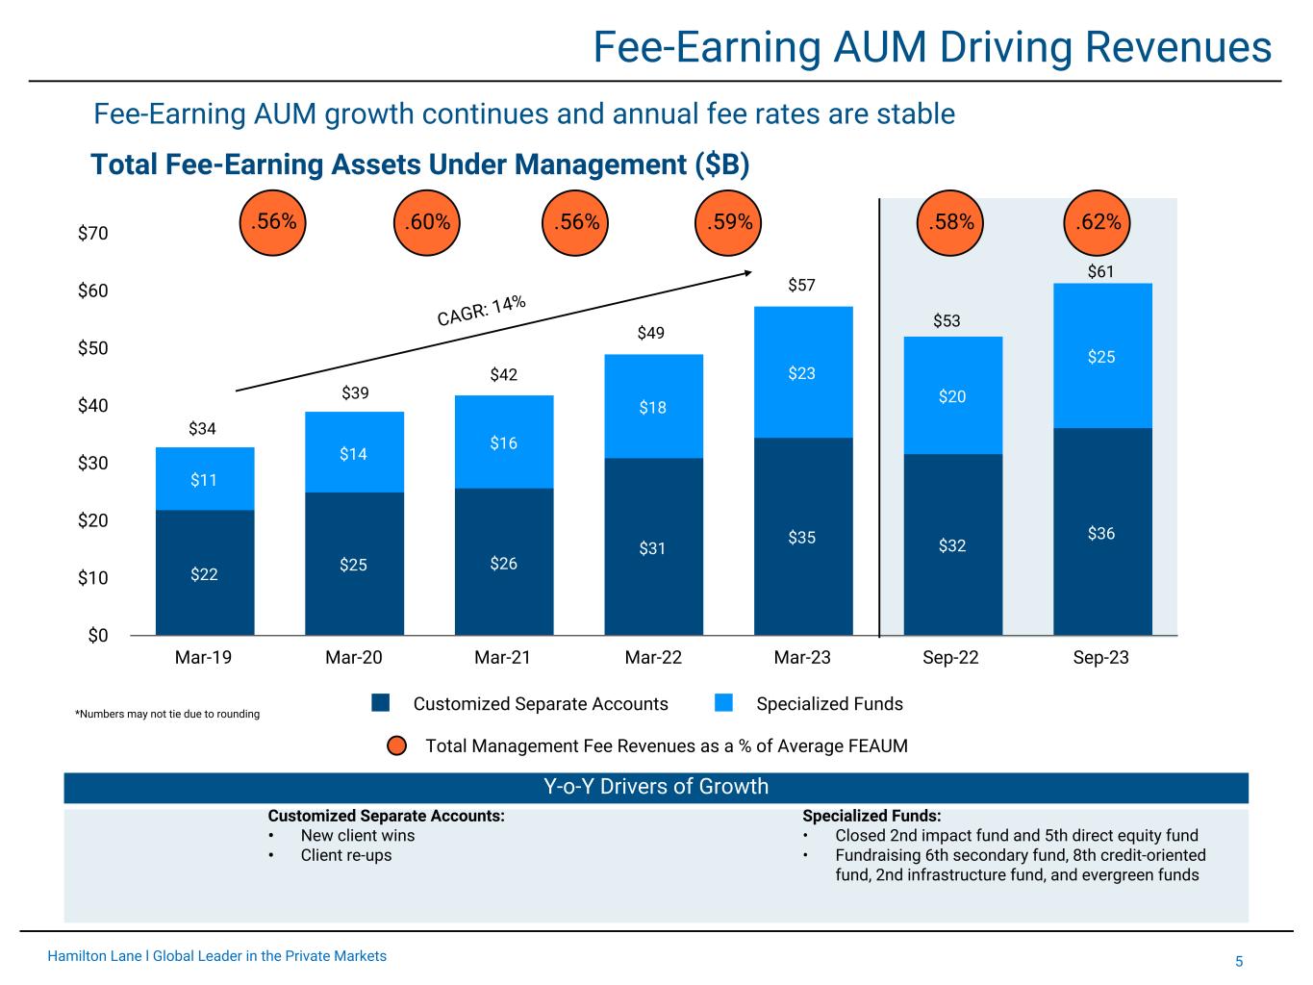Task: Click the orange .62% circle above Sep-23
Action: tap(1098, 223)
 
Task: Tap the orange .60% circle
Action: tap(427, 223)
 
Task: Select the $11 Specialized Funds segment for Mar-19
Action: tap(204, 479)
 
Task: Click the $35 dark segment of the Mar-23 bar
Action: tap(802, 537)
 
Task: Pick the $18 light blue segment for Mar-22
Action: tap(653, 407)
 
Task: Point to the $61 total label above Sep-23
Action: tap(1100, 272)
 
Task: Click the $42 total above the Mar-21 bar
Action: tap(504, 374)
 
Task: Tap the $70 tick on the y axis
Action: tap(93, 234)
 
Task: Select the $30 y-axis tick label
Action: tap(93, 464)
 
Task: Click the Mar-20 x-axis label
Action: tap(354, 659)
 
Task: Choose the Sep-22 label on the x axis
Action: tap(951, 659)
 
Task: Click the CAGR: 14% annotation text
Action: tap(481, 311)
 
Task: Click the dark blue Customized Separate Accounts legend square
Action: tap(381, 704)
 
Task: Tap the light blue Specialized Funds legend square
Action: tap(724, 704)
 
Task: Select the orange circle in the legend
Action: tap(397, 746)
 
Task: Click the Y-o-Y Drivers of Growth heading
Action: tap(656, 787)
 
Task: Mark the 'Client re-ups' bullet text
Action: tap(346, 855)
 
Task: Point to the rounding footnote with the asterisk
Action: tap(167, 714)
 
